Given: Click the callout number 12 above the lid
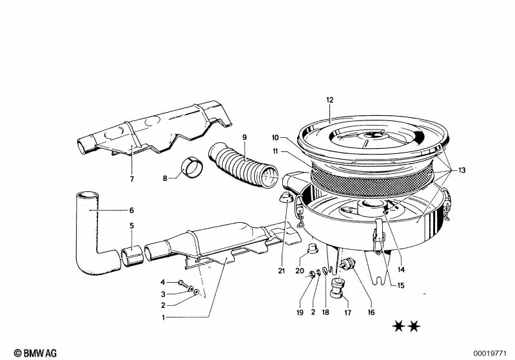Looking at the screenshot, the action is pos(330,100).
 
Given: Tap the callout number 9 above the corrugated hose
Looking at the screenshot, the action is pos(244,137).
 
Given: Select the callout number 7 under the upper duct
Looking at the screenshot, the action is pos(131,179).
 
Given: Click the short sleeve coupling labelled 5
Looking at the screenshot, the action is pos(132,254).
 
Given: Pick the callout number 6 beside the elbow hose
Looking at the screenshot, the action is pos(131,210).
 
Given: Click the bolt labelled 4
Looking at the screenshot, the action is pos(183,283).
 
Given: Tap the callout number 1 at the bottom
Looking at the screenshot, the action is pos(163,317).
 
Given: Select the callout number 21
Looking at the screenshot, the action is pos(282,270).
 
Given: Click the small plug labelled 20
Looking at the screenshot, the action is pos(311,249).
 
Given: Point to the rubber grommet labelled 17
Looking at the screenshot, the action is pos(337,288).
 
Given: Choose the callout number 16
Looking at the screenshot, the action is pos(371,312).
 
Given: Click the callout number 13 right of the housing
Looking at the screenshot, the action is pos(462,170).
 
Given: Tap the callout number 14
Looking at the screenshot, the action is pos(401,269).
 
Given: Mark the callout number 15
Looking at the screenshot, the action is pos(401,285).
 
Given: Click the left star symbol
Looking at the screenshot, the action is pos(398,327).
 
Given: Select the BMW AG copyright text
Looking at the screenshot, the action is pos(35,353).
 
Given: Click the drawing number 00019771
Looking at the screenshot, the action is pos(491,354).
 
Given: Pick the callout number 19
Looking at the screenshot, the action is pos(300,312).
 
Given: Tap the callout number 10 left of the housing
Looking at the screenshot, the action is pos(275,138).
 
